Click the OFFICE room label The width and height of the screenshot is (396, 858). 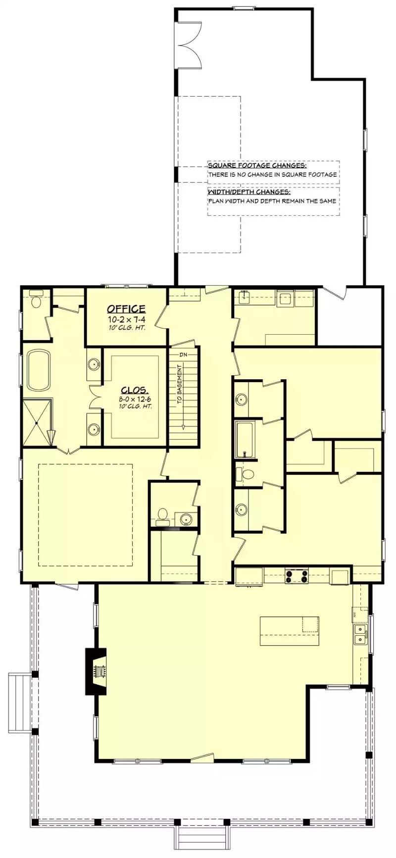click(126, 309)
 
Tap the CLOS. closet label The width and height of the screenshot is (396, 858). click(134, 390)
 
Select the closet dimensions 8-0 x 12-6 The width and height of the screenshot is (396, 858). click(134, 399)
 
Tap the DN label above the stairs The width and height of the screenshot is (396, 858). click(184, 354)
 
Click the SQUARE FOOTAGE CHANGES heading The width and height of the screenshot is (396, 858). click(257, 166)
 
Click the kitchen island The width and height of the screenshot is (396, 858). click(289, 631)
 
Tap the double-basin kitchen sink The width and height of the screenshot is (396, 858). click(360, 634)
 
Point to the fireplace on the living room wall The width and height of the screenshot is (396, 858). click(96, 671)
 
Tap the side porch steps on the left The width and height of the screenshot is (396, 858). click(19, 702)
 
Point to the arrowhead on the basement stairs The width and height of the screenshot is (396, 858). click(183, 426)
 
